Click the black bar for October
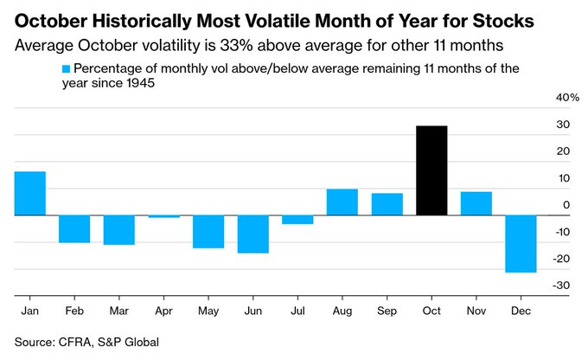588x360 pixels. click(431, 170)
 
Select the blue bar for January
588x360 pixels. click(30, 193)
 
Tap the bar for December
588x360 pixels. click(521, 243)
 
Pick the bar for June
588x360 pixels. click(253, 234)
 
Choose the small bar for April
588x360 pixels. click(164, 216)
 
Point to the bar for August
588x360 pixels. click(342, 202)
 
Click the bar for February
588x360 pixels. click(74, 228)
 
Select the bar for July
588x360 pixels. click(297, 219)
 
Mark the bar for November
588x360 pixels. click(476, 203)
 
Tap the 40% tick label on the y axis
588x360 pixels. click(566, 98)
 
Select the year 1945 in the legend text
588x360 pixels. click(144, 85)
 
